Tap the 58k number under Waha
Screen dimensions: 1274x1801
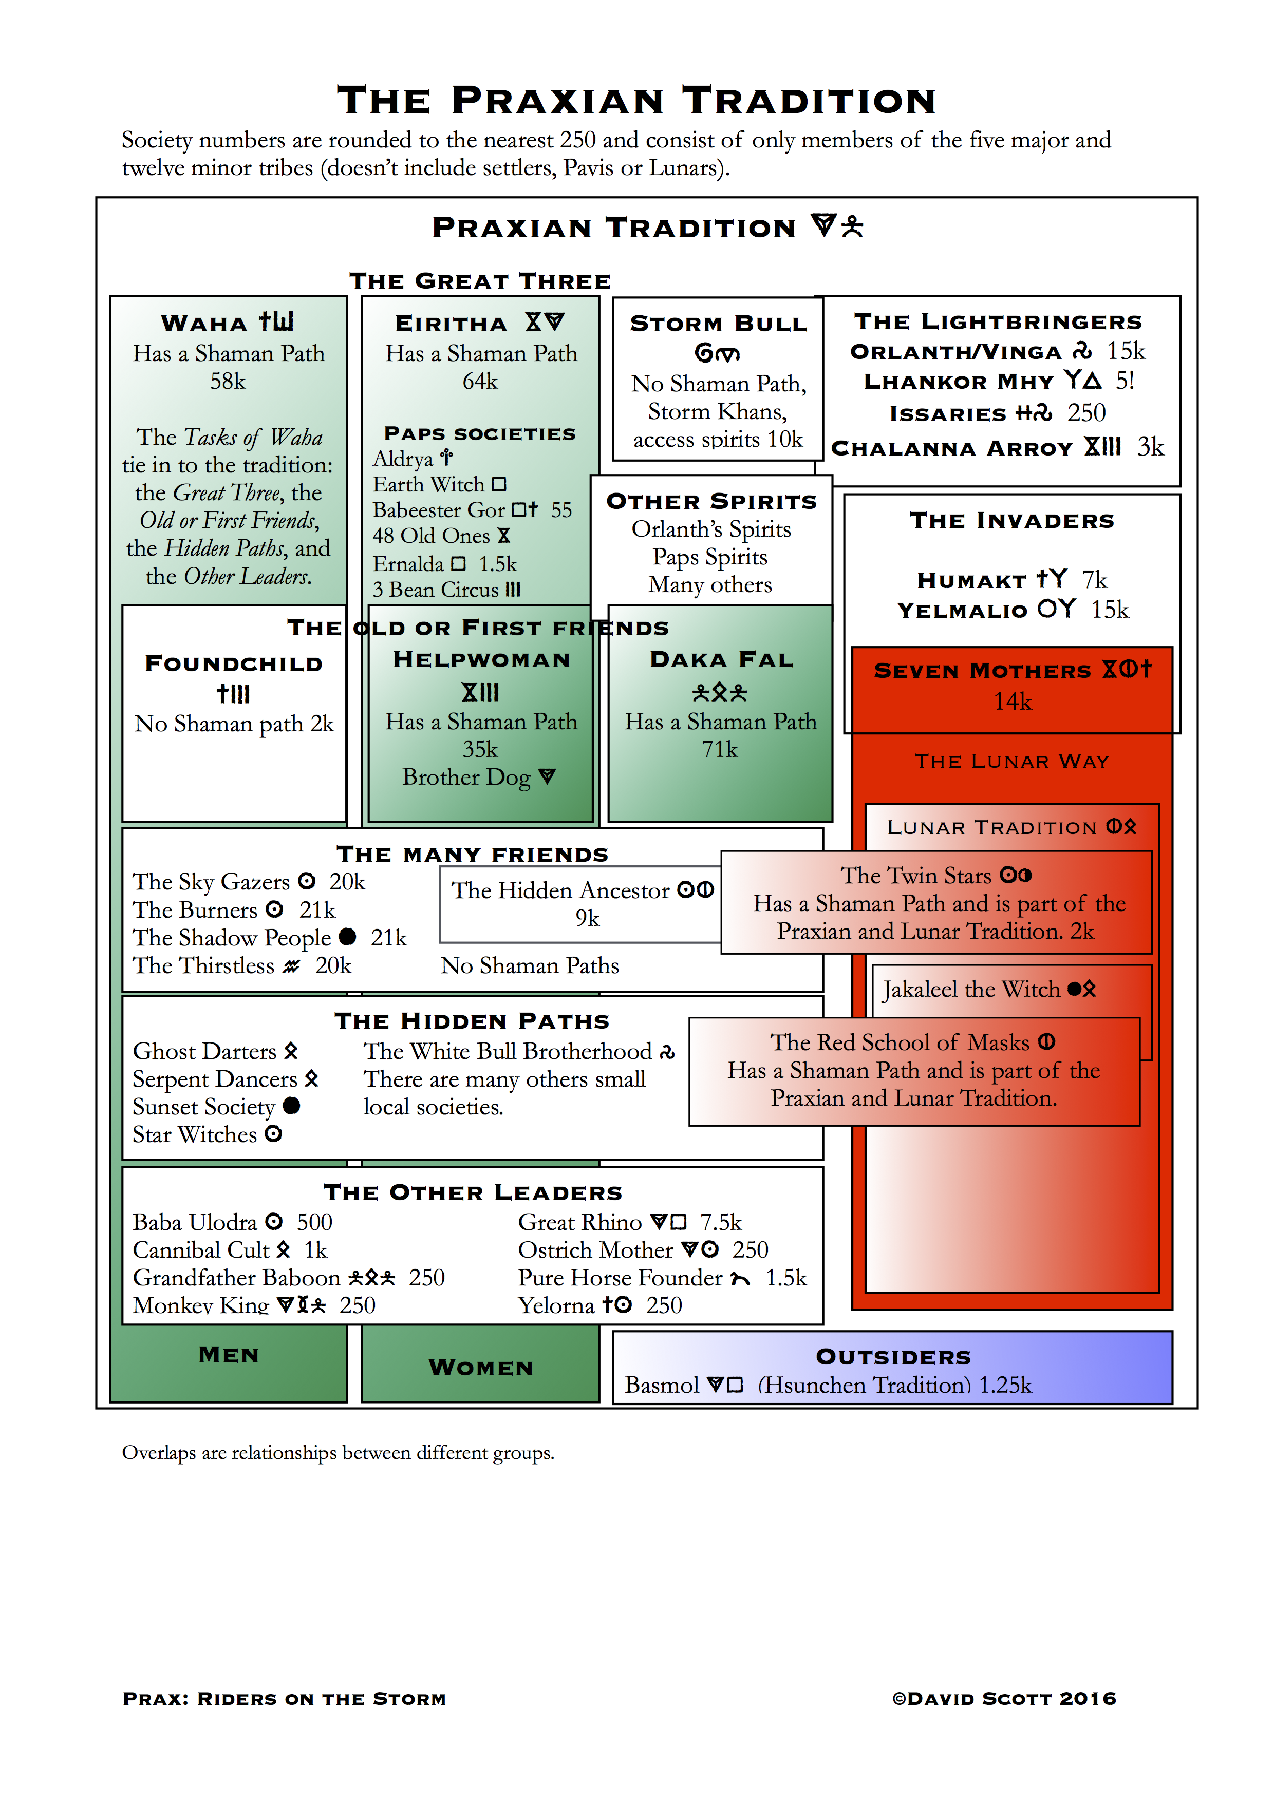[228, 381]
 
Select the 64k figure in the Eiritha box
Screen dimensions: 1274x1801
[480, 381]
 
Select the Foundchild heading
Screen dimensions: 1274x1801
[234, 663]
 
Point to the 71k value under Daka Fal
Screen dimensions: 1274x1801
[719, 750]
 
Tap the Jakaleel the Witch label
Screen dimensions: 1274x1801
[971, 990]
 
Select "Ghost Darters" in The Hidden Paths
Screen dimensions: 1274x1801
[205, 1051]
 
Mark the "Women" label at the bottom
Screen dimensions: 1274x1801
[481, 1368]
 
